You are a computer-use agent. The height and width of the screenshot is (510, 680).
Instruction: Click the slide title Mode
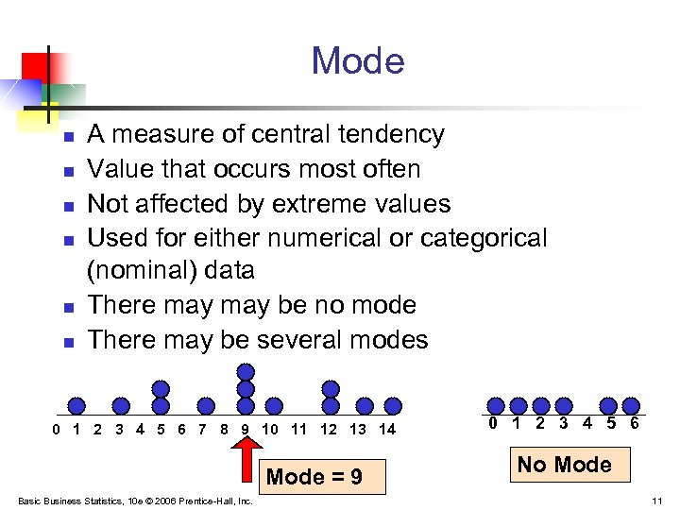pos(358,61)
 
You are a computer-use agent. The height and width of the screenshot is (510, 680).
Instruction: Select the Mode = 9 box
pos(314,477)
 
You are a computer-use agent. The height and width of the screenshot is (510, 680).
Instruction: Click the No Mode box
pos(564,464)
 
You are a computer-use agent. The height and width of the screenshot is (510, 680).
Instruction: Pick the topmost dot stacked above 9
pos(246,370)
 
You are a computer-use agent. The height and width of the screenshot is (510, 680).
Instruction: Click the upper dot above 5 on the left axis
pos(161,388)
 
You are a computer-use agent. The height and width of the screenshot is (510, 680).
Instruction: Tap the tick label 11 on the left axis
pos(298,430)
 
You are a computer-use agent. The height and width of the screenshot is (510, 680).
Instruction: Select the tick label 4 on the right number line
pos(587,423)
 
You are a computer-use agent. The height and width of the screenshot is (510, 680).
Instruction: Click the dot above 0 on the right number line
pos(494,405)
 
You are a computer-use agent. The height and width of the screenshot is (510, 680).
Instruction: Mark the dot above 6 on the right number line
pos(632,405)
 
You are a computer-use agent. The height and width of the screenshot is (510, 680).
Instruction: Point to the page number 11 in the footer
pos(656,501)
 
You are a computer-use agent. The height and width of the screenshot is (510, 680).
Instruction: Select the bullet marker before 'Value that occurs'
pos(68,172)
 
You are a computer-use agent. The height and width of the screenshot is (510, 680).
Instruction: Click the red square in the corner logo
pos(36,66)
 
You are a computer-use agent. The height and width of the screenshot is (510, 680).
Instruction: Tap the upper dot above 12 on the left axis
pos(330,388)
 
